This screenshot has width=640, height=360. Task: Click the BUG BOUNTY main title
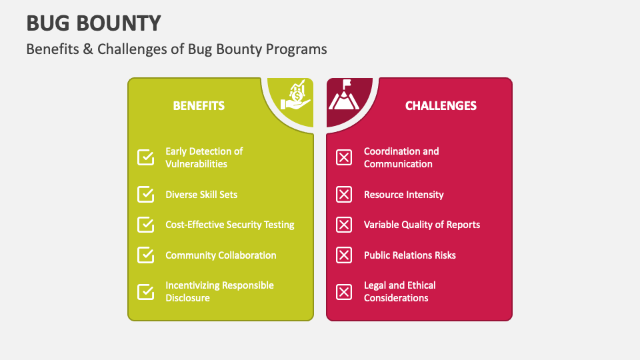click(93, 23)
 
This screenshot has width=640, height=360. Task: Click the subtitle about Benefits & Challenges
click(177, 49)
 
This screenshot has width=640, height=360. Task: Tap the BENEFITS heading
click(199, 105)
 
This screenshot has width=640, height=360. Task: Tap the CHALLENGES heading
click(441, 105)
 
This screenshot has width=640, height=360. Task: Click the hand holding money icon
click(295, 96)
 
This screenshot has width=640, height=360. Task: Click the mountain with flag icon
click(344, 96)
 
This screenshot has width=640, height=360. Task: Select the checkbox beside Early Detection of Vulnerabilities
click(145, 157)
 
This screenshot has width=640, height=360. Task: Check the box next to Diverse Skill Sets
click(145, 194)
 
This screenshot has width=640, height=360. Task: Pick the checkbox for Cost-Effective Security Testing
click(145, 225)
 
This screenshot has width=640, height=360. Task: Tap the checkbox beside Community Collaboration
click(145, 255)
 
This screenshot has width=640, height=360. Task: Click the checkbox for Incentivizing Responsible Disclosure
click(145, 291)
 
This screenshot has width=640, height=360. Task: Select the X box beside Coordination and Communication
click(344, 157)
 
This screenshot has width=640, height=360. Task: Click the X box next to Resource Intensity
click(344, 194)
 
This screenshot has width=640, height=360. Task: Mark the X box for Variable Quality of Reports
click(344, 225)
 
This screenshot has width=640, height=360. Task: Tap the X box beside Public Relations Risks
click(344, 255)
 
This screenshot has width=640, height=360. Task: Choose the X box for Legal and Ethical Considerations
click(344, 291)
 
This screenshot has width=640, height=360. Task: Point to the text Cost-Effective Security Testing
click(230, 225)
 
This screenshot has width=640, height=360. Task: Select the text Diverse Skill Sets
click(201, 195)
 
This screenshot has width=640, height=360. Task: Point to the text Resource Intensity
click(403, 195)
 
